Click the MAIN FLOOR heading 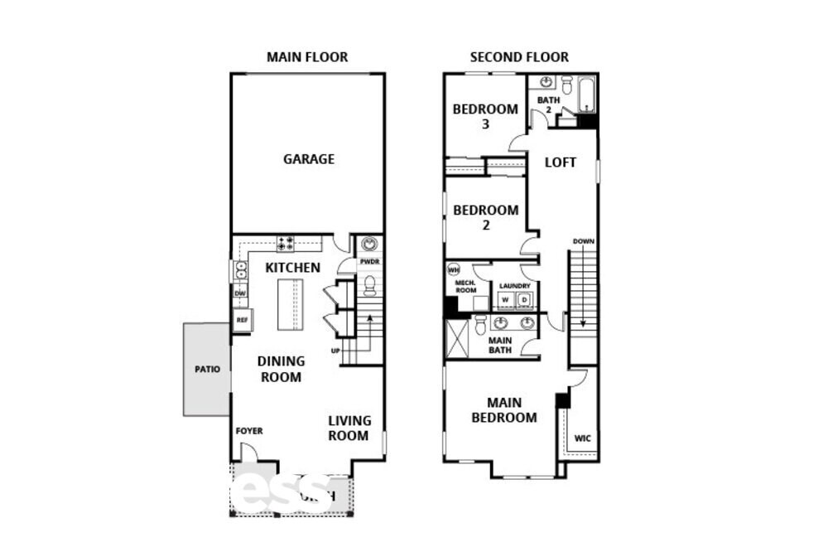point(306,57)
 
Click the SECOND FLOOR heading point(519,57)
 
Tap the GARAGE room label point(309,158)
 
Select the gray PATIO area point(206,369)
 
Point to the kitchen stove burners point(286,244)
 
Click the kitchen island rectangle point(290,305)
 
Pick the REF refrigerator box point(243,320)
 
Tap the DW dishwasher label point(241,293)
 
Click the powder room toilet point(370,286)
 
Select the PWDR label point(369,263)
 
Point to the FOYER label point(248,431)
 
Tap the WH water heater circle point(454,269)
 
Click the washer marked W point(504,300)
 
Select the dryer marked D point(523,300)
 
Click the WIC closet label point(582,437)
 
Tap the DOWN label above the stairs point(583,241)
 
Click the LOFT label point(560,162)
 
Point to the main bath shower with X point(458,337)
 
